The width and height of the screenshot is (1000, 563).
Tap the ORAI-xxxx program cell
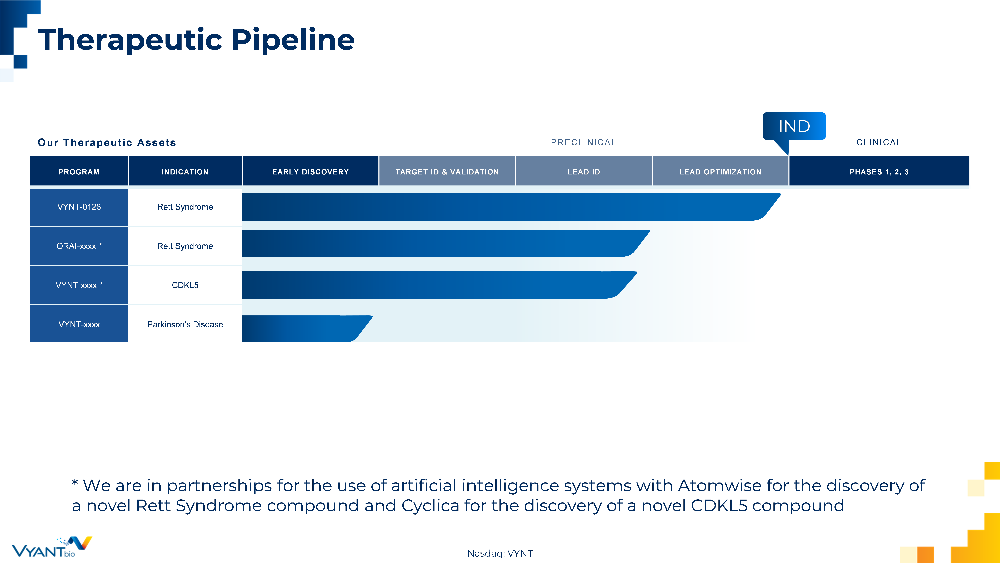click(79, 246)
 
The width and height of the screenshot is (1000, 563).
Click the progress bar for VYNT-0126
click(511, 207)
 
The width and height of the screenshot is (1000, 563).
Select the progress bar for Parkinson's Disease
click(307, 329)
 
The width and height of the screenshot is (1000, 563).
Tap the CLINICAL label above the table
click(879, 143)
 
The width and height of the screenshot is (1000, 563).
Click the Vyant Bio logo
click(52, 547)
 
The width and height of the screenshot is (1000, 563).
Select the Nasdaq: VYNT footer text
click(500, 553)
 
